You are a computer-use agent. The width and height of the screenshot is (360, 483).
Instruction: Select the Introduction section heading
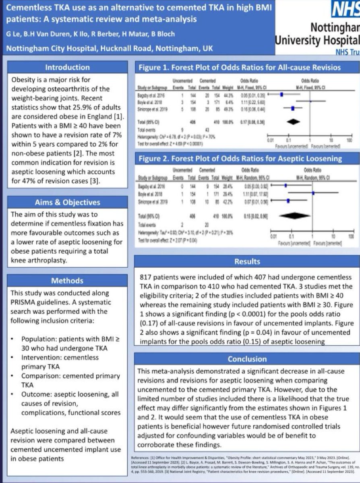67,67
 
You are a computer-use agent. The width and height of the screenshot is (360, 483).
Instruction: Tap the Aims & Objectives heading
67,202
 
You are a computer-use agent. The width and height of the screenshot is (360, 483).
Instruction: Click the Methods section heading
67,281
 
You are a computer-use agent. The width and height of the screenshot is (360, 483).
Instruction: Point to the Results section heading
247,262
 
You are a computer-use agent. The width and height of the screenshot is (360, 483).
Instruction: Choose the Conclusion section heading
247,359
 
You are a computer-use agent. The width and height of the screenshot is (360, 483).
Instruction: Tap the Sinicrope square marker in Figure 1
293,108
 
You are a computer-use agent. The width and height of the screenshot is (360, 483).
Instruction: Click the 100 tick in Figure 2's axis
350,236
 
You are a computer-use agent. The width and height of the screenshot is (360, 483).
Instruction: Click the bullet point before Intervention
13,357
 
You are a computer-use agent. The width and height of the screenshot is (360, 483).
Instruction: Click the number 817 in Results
147,278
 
